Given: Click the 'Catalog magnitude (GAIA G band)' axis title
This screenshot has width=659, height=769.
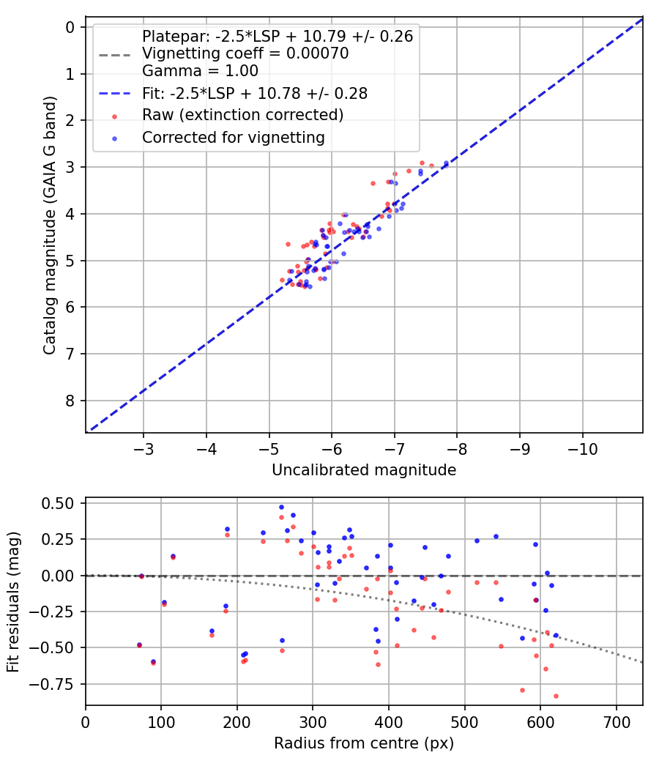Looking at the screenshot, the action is tap(50, 226).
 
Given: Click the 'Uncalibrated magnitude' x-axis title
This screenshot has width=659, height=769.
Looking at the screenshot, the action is tap(364, 470).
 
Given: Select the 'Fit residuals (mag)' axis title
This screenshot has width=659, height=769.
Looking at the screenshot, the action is tap(13, 602).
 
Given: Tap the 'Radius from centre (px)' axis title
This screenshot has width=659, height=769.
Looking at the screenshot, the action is tap(364, 743).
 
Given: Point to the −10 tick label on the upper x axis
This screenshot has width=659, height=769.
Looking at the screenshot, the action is tap(583, 449).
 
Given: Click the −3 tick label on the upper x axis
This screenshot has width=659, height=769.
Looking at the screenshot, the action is tap(144, 449).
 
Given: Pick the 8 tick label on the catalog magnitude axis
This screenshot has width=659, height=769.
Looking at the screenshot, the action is tap(70, 401).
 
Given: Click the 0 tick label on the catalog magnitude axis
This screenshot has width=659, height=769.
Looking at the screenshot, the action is tap(70, 27).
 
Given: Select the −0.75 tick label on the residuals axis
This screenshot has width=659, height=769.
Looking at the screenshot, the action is tap(51, 684).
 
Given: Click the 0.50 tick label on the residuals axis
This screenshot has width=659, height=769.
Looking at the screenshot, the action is tap(57, 504).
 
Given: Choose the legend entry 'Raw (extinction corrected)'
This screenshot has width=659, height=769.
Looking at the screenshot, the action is tap(242, 115).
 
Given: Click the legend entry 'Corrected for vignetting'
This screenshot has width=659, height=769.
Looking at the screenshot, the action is tap(234, 138).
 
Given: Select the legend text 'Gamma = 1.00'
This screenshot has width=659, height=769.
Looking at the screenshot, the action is tap(200, 70).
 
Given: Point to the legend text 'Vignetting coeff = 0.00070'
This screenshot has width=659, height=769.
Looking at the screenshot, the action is tap(245, 53).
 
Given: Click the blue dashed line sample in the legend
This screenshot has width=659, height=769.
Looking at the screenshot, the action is tap(115, 93).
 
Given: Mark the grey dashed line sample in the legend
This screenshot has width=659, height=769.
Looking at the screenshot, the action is tap(115, 55).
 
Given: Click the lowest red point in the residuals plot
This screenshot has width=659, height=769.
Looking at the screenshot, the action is tap(556, 696).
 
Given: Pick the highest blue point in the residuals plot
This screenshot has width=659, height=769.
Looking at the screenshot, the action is tap(281, 507).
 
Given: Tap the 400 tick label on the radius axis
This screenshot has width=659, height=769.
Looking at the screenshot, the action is tap(389, 722).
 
